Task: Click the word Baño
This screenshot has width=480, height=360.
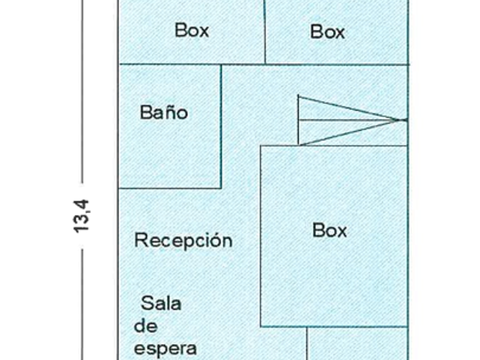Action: pyautogui.click(x=164, y=113)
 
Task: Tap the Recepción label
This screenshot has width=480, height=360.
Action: pyautogui.click(x=183, y=240)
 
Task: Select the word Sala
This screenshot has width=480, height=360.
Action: pyautogui.click(x=161, y=303)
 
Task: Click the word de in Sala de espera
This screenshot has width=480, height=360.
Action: pyautogui.click(x=146, y=326)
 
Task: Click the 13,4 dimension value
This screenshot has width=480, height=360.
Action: pyautogui.click(x=81, y=216)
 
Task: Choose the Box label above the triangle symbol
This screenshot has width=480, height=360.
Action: pyautogui.click(x=327, y=31)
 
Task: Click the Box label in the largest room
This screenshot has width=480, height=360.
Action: pyautogui.click(x=329, y=230)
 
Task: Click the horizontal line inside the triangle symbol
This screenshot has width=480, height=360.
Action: pyautogui.click(x=352, y=120)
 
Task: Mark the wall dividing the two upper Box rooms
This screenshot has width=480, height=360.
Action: pyautogui.click(x=265, y=32)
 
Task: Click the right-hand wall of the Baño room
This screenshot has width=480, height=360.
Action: pyautogui.click(x=221, y=126)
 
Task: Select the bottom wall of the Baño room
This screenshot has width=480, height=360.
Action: pyautogui.click(x=170, y=188)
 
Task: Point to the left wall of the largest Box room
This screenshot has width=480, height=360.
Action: pyautogui.click(x=261, y=236)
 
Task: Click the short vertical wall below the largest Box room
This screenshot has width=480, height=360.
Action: pyautogui.click(x=307, y=343)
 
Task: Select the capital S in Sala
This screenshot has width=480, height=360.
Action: pyautogui.click(x=147, y=303)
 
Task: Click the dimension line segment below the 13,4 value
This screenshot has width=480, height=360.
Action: pyautogui.click(x=82, y=305)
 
